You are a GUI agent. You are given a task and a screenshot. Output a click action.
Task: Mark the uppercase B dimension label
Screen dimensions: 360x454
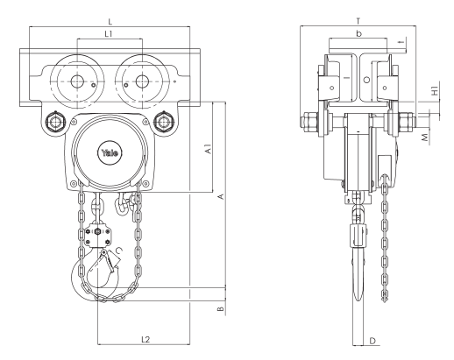click(220, 307)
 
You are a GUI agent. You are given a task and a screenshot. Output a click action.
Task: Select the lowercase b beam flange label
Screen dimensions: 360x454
click(359, 34)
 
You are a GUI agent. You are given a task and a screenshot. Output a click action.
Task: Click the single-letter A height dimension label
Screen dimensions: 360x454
click(220, 197)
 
